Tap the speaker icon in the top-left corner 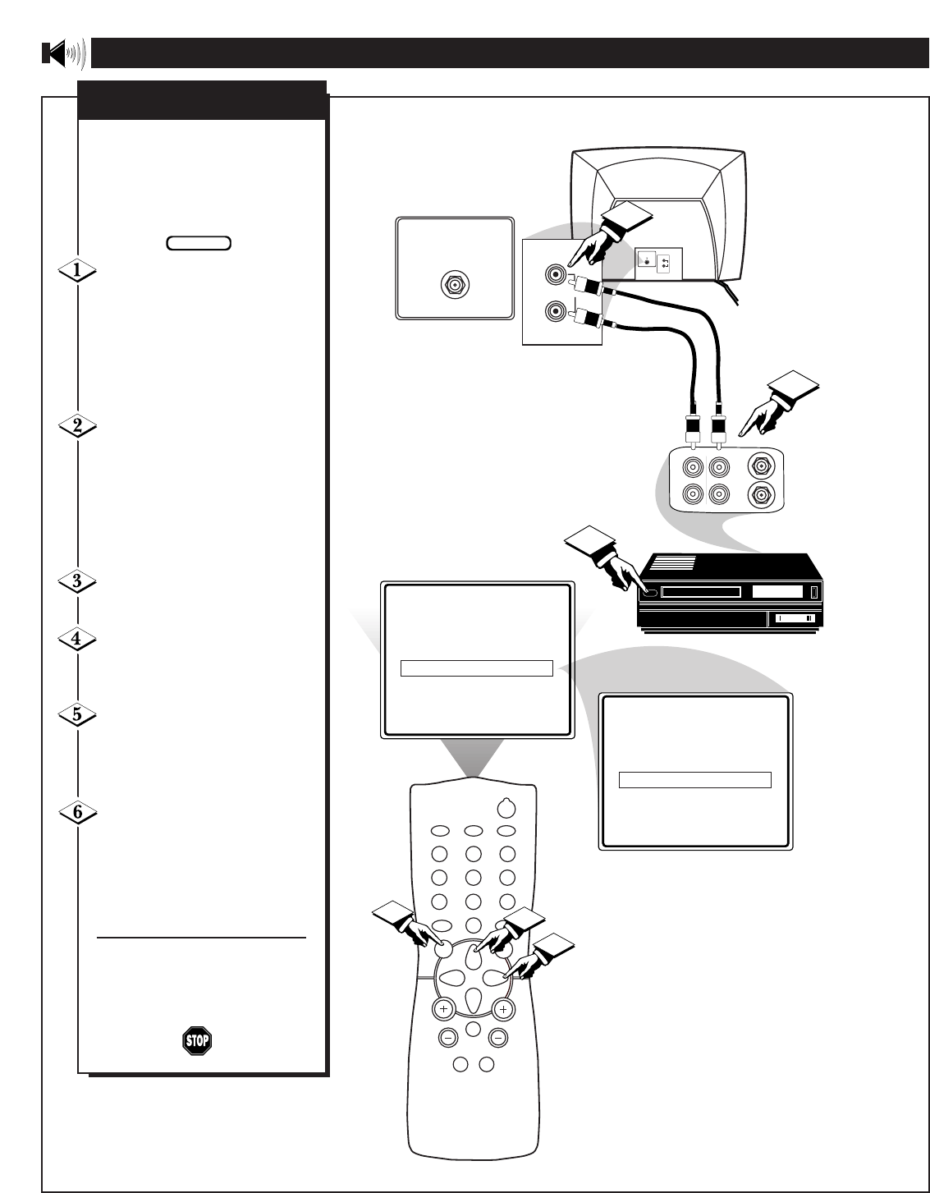(62, 54)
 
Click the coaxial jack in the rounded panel (454, 285)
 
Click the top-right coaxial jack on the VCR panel (761, 466)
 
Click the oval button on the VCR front (650, 590)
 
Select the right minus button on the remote (497, 1037)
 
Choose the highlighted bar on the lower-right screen (694, 779)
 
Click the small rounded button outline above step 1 (199, 243)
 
